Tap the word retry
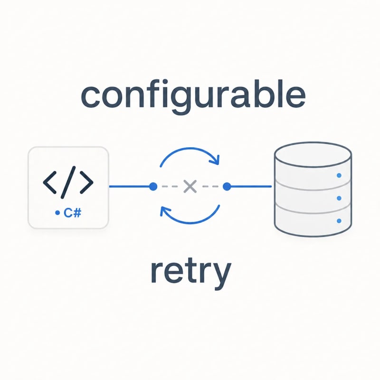tap(191, 273)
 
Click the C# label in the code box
tap(73, 213)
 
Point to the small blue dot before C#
tap(57, 213)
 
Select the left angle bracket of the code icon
tap(50, 182)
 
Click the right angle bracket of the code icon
tap(86, 182)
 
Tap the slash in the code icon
tap(68, 182)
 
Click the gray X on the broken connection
tap(190, 186)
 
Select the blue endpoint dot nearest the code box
tap(153, 186)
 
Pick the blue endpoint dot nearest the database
tap(227, 186)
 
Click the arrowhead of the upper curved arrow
tap(216, 160)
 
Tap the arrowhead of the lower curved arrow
tap(165, 211)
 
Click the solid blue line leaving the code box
tap(129, 186)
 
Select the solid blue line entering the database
tap(251, 186)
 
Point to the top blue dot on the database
tap(339, 175)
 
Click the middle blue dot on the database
tap(339, 198)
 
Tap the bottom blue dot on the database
tap(339, 221)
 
